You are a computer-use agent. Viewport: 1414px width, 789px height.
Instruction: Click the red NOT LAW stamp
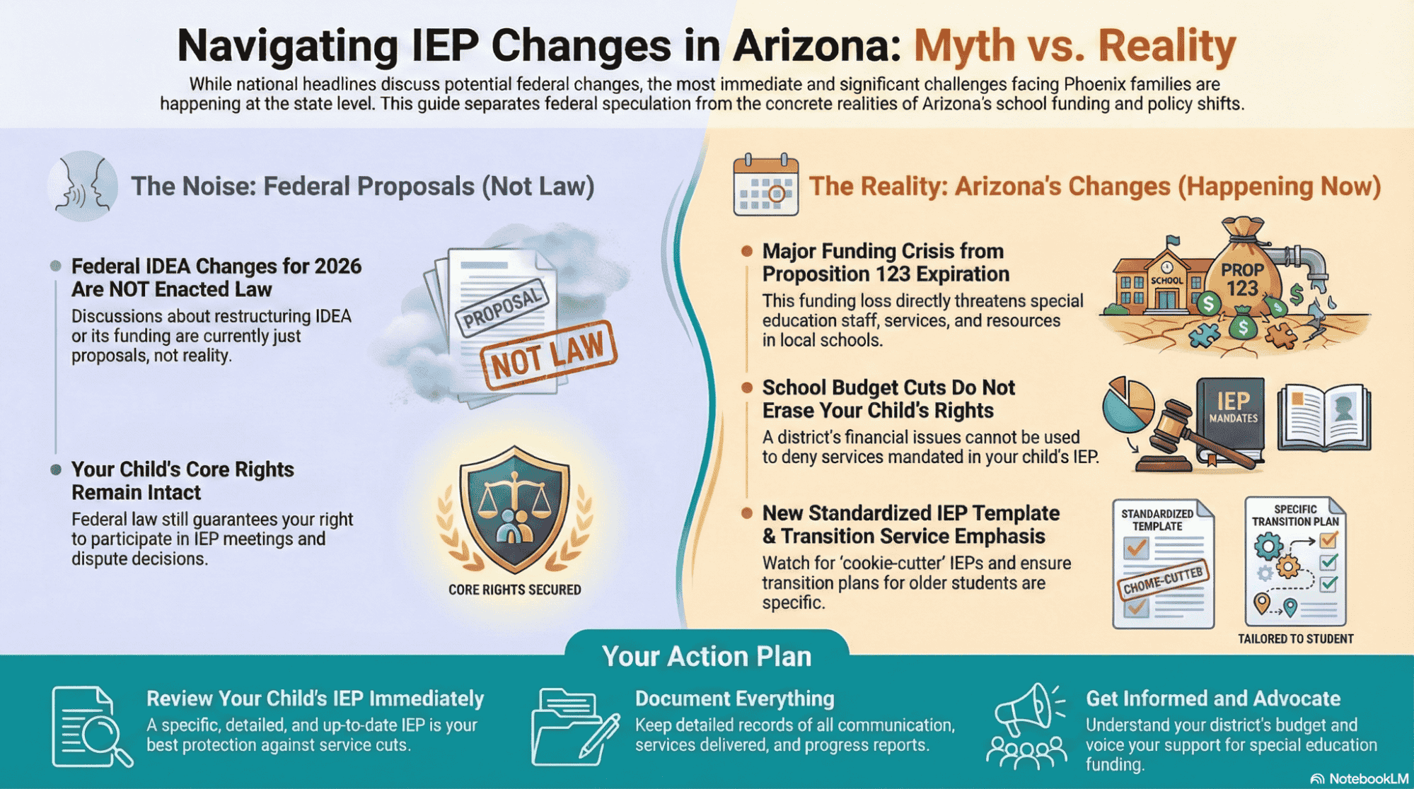(549, 356)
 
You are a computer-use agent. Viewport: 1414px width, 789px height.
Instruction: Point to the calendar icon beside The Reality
(765, 185)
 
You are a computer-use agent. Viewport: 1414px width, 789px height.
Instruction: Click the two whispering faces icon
(83, 186)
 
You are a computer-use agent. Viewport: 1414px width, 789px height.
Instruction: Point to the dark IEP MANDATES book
(1231, 421)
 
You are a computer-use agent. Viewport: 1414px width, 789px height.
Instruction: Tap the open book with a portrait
(1324, 417)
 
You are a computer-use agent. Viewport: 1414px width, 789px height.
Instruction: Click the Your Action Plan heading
(707, 656)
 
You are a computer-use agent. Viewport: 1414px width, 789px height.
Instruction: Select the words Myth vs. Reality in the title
(1074, 46)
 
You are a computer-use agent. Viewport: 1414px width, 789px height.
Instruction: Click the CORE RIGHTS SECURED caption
(515, 590)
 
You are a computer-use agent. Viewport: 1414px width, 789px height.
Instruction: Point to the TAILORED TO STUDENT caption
(1296, 639)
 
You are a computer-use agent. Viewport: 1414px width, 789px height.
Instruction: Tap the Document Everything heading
(735, 699)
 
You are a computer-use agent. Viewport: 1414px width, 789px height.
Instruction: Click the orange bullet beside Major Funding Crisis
(746, 251)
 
